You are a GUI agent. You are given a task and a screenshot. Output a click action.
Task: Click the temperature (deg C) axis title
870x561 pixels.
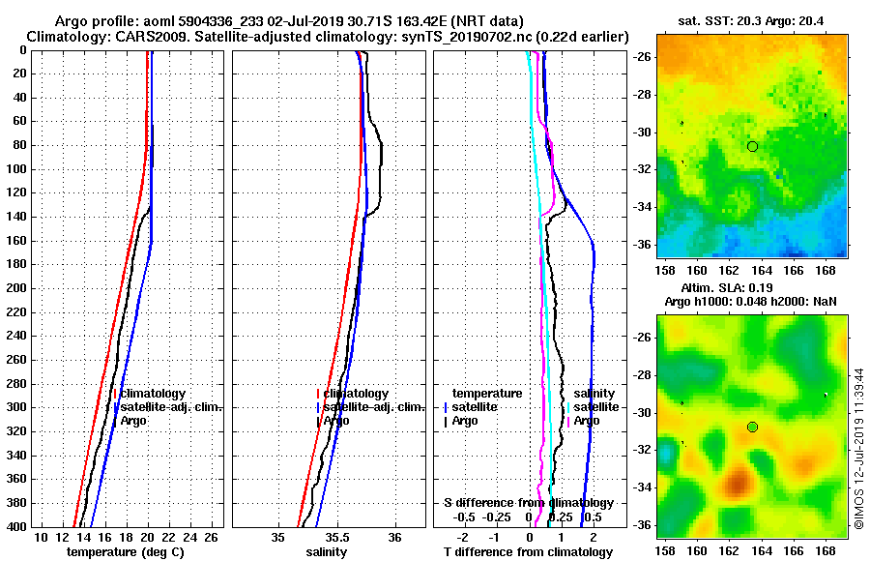point(125,552)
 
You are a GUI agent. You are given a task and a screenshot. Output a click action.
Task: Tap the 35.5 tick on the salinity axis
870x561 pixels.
point(336,537)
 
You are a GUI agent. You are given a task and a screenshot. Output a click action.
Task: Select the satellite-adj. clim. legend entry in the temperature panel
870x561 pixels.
point(171,407)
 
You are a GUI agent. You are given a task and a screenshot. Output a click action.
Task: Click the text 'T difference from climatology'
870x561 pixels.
point(528,552)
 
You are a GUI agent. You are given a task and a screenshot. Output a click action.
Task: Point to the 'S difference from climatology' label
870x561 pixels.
point(528,503)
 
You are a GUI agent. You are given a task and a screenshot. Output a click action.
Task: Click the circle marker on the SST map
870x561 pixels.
point(752,146)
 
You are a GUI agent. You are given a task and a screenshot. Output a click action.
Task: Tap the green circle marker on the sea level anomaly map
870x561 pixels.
point(752,427)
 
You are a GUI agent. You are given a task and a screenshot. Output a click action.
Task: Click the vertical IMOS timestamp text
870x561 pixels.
point(858,447)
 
